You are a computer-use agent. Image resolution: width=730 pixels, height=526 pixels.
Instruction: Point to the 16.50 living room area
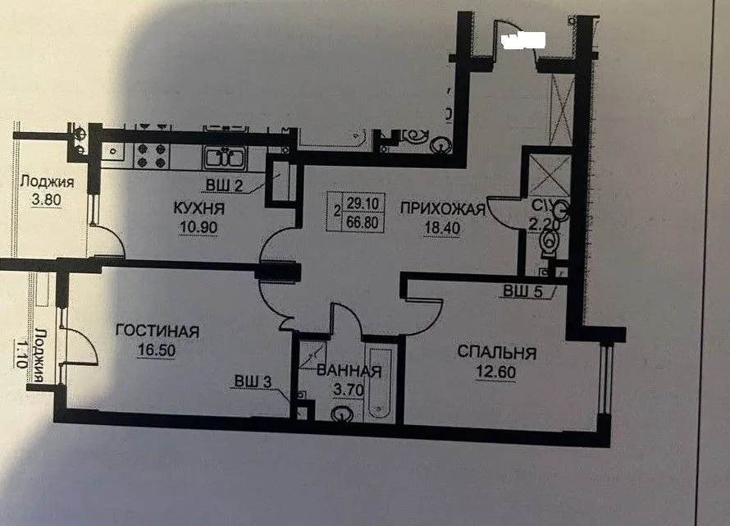point(157,348)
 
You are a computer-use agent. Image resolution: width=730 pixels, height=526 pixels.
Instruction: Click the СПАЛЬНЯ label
point(496,354)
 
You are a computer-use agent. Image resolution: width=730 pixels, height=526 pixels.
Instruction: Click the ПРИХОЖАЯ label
point(443,208)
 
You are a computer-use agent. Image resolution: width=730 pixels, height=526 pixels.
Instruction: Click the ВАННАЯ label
point(349,372)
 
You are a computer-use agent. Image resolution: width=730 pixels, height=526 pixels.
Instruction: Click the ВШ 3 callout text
point(251,381)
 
